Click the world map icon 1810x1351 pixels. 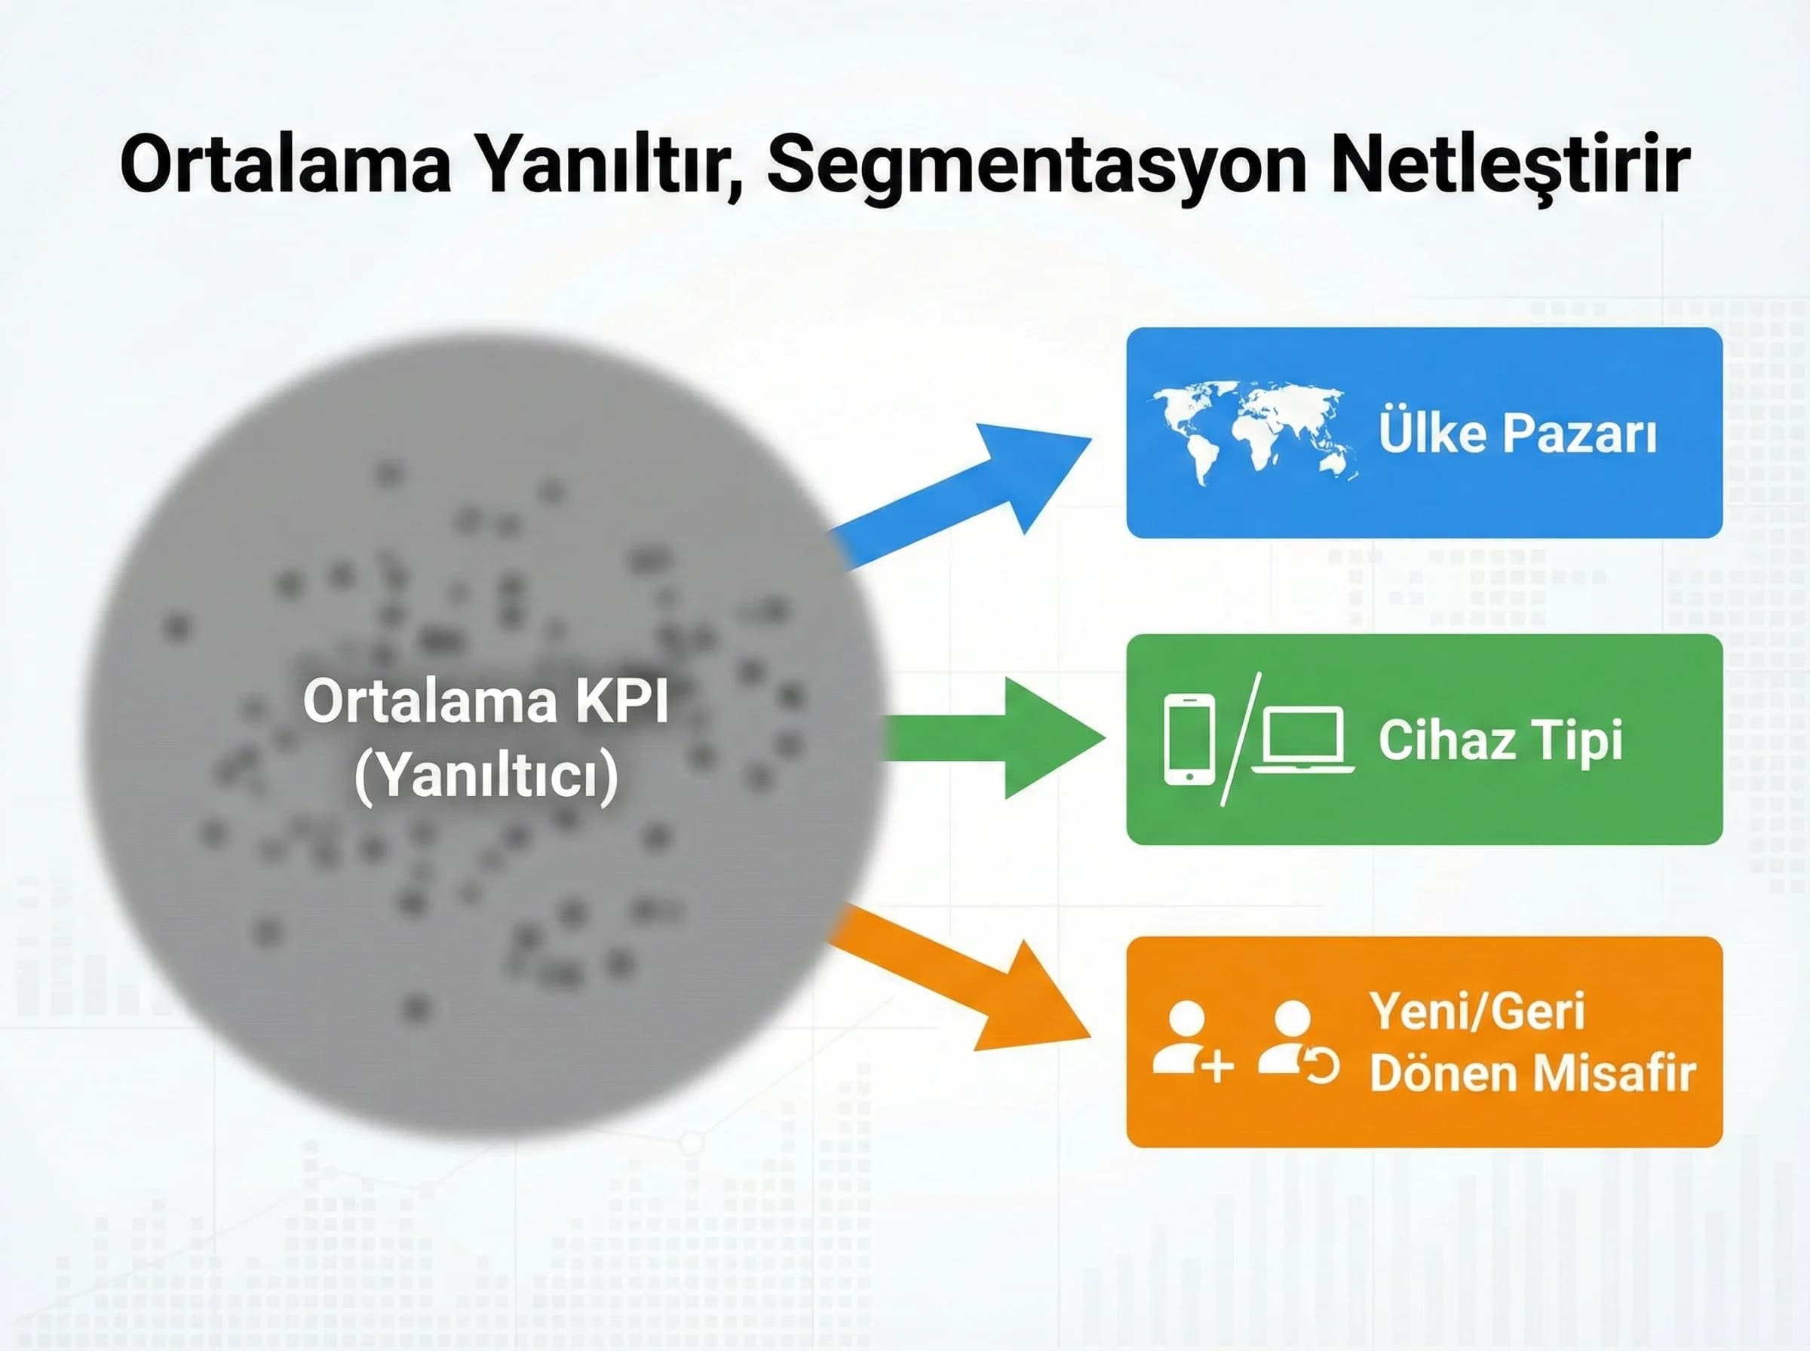coord(1255,433)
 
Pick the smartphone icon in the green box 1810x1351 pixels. coord(1189,740)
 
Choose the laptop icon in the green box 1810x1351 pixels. coord(1302,740)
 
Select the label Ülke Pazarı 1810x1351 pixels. coord(1517,433)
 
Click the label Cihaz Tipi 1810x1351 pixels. coord(1500,740)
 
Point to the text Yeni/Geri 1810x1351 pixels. coord(1478,1012)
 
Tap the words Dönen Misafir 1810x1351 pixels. coord(1532,1073)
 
